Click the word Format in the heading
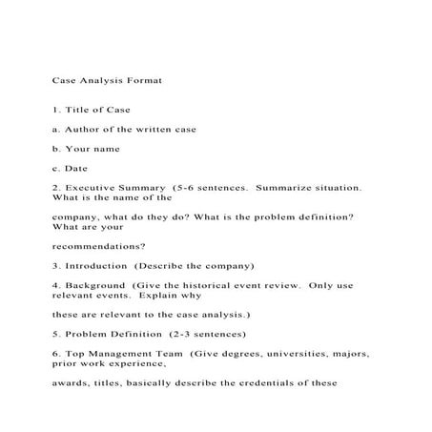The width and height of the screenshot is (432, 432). point(143,82)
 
